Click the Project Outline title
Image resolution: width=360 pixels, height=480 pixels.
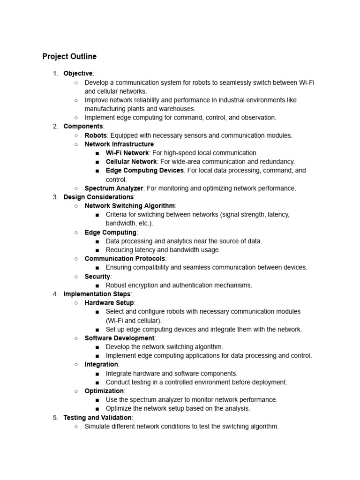click(x=69, y=57)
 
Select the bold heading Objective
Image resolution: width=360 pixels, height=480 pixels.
click(x=78, y=74)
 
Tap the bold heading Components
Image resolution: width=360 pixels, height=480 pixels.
click(x=83, y=127)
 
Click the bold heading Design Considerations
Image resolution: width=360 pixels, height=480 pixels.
click(x=98, y=197)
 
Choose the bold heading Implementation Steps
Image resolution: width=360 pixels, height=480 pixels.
click(x=97, y=294)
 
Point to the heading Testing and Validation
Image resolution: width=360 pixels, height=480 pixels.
click(x=97, y=417)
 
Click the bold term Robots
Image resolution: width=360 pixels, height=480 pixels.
click(x=96, y=135)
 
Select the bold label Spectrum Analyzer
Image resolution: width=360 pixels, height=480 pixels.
click(x=114, y=188)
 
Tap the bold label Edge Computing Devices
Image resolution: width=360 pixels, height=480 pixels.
click(x=144, y=171)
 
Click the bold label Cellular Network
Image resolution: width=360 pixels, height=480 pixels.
click(x=131, y=162)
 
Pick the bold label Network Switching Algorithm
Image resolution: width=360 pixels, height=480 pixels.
click(x=130, y=206)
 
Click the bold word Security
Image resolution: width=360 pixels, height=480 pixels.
click(x=97, y=277)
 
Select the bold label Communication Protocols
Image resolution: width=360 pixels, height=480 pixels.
click(x=125, y=259)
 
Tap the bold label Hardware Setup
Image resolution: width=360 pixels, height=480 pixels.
click(x=109, y=303)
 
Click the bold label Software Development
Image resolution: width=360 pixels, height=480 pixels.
click(x=119, y=338)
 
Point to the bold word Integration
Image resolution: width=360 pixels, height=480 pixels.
click(x=101, y=364)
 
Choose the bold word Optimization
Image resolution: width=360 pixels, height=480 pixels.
click(x=104, y=391)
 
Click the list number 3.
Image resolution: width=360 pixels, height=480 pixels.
click(x=55, y=197)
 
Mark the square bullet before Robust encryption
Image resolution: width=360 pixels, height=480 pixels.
click(x=97, y=285)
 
